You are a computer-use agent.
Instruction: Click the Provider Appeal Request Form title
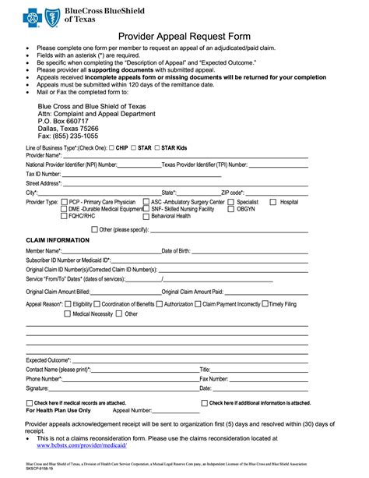(x=184, y=36)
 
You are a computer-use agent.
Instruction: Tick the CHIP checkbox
(x=111, y=147)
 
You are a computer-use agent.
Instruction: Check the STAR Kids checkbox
(x=158, y=147)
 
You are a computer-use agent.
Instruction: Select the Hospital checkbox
(x=273, y=202)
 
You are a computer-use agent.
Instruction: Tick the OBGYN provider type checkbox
(x=230, y=209)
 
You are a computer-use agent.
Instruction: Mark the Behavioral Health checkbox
(x=146, y=216)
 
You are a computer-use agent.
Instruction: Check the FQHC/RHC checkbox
(x=65, y=216)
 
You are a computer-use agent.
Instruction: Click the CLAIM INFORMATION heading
(x=57, y=239)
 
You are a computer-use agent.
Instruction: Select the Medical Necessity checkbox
(x=68, y=314)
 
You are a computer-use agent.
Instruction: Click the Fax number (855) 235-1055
(x=69, y=136)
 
